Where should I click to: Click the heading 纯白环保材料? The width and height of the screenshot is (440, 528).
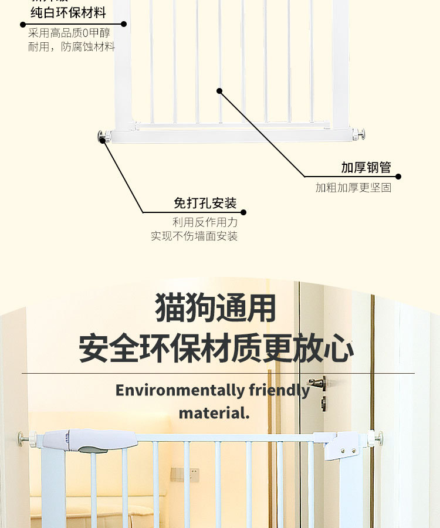point(69,12)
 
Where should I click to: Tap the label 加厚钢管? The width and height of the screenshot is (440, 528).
point(366,168)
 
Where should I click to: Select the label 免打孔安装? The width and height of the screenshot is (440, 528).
point(205,204)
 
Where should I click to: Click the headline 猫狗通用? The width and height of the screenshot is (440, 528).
point(216,307)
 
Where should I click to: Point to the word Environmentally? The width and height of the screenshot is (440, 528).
point(180,390)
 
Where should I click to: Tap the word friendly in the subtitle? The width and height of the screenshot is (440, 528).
point(279,390)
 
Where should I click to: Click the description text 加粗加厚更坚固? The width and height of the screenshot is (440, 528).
point(353,188)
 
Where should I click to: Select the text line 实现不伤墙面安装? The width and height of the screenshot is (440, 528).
point(194,236)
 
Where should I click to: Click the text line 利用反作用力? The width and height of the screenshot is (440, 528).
point(205,222)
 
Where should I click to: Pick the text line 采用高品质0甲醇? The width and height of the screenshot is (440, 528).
point(69,33)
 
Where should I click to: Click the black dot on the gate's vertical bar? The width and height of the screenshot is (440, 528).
point(219,91)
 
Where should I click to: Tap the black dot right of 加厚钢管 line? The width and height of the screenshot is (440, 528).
point(398,176)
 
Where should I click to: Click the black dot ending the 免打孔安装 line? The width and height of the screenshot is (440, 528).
point(243,212)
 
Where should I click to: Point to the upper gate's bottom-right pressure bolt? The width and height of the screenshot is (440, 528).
point(360,134)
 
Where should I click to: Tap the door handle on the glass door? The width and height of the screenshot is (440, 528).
point(319,383)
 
